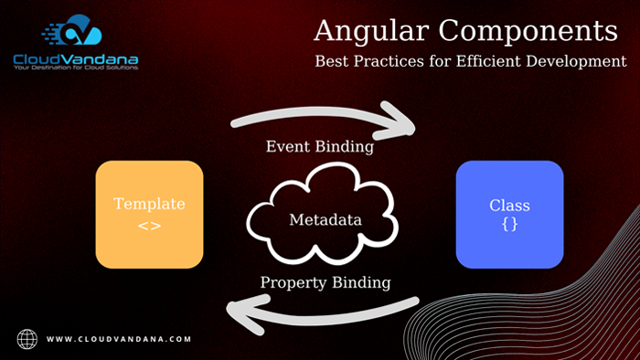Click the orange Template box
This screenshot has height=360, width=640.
pos(149,214)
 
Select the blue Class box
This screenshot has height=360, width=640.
pos(509,214)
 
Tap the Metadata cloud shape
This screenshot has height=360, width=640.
pos(325,220)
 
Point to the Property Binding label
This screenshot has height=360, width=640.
pos(325,282)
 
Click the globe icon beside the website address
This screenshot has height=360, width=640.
pos(28,338)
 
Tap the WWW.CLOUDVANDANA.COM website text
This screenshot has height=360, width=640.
pos(119,339)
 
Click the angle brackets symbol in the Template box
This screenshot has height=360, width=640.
pos(149,225)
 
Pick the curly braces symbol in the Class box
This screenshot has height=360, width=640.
pos(509,225)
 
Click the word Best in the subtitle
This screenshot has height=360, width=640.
pos(331,62)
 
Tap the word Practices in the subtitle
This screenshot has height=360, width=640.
pos(389,62)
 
